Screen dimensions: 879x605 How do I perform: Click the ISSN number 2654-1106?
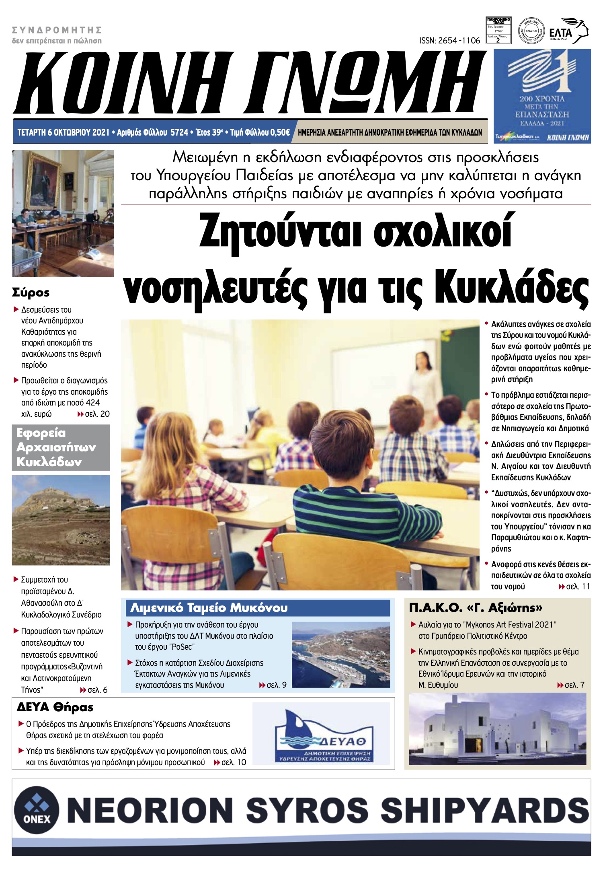449,41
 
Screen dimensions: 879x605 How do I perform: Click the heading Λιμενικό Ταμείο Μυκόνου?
209,607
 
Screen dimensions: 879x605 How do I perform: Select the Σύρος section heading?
31,292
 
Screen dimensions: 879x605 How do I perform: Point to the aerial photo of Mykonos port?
340,654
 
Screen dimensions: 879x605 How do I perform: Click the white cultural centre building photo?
497,729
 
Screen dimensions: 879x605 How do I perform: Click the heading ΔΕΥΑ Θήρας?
55,707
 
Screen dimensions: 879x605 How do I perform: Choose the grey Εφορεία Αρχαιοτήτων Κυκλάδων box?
61,447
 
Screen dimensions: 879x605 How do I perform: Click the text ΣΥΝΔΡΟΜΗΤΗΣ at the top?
57,30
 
